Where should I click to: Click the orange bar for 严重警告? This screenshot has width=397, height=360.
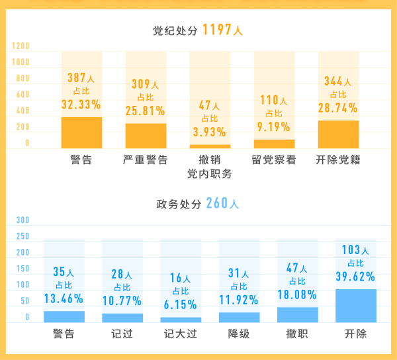point(146,136)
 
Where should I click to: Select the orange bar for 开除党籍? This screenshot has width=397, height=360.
point(338,134)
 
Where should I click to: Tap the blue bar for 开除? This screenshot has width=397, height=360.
point(356,306)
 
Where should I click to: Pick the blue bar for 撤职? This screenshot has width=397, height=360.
point(298,314)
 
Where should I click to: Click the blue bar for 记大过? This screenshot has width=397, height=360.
point(181,320)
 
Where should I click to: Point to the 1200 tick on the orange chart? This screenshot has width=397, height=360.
point(21,46)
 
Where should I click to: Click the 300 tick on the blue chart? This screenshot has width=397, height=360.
point(22,220)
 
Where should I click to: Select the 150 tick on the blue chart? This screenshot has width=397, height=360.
point(22,269)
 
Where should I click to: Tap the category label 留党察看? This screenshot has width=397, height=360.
point(274,159)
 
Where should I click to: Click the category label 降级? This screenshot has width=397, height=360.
point(239,334)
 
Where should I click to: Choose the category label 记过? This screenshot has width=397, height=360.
point(122,334)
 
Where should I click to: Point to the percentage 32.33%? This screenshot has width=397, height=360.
point(81,105)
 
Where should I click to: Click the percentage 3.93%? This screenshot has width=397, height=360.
point(210,131)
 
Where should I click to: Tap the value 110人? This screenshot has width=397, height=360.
point(273,101)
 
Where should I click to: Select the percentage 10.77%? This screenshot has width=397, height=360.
point(122,300)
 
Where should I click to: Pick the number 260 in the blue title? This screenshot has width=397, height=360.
point(216,203)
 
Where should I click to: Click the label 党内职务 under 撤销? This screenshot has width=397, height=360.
point(210,173)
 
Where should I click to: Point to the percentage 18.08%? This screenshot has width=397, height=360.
point(297,294)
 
